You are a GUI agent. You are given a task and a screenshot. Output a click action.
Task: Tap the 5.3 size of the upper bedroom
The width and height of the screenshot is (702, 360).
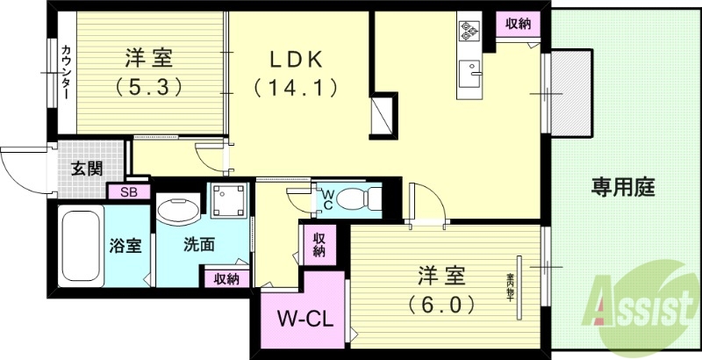[x=148, y=88]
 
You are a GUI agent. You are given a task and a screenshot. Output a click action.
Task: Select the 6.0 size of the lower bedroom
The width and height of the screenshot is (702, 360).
[x=441, y=305]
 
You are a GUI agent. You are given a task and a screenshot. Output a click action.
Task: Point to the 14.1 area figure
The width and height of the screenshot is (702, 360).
[x=295, y=88]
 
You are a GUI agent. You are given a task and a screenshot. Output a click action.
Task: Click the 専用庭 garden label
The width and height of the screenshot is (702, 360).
[x=623, y=187]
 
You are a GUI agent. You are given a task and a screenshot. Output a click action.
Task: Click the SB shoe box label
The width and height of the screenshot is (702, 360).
[x=128, y=191]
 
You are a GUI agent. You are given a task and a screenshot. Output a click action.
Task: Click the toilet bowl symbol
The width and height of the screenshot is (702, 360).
[x=357, y=198]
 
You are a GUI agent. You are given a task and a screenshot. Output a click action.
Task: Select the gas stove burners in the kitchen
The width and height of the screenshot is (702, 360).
[x=469, y=32]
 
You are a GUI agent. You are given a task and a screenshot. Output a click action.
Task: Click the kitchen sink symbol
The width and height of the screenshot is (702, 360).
[x=471, y=70]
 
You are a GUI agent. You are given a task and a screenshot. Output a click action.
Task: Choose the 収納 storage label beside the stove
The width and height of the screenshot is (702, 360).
[x=519, y=25]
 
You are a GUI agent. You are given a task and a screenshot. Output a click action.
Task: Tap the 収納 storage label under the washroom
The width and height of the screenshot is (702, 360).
[x=226, y=278]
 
